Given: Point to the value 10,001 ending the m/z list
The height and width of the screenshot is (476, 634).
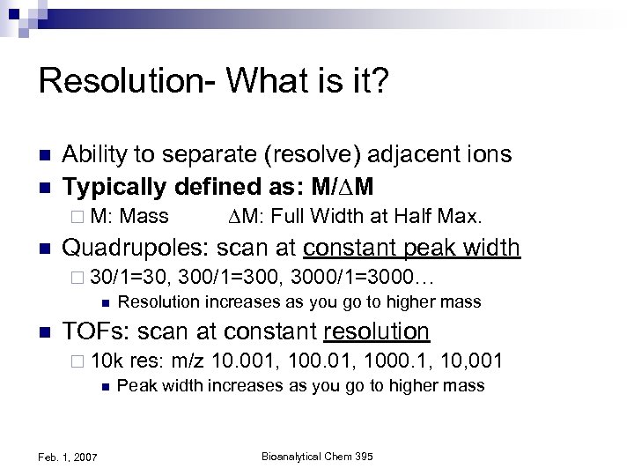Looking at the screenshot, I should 474,361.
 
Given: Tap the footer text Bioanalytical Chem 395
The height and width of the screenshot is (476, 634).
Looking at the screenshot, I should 314,454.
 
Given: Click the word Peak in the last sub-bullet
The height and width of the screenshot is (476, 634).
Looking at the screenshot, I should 135,386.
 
